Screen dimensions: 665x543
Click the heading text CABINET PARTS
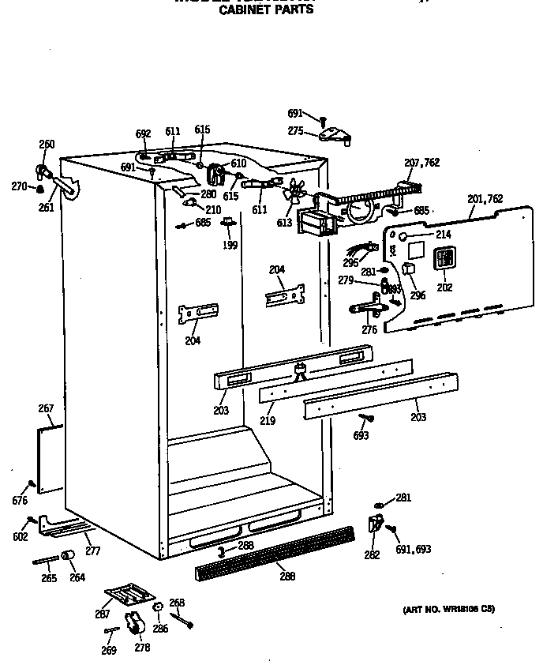pyautogui.click(x=265, y=10)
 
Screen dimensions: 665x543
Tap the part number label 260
pyautogui.click(x=47, y=145)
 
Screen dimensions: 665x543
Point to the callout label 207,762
pyautogui.click(x=421, y=163)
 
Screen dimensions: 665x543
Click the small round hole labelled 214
pyautogui.click(x=402, y=236)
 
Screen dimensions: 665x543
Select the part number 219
pyautogui.click(x=268, y=421)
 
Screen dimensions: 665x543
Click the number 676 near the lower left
pyautogui.click(x=20, y=501)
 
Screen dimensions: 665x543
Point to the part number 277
pyautogui.click(x=92, y=551)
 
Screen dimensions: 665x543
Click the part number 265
pyautogui.click(x=49, y=578)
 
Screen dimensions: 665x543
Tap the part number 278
pyautogui.click(x=142, y=648)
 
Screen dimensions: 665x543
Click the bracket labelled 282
pyautogui.click(x=375, y=523)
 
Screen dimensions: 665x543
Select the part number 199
pyautogui.click(x=230, y=245)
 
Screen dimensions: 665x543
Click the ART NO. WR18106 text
pyautogui.click(x=449, y=609)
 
